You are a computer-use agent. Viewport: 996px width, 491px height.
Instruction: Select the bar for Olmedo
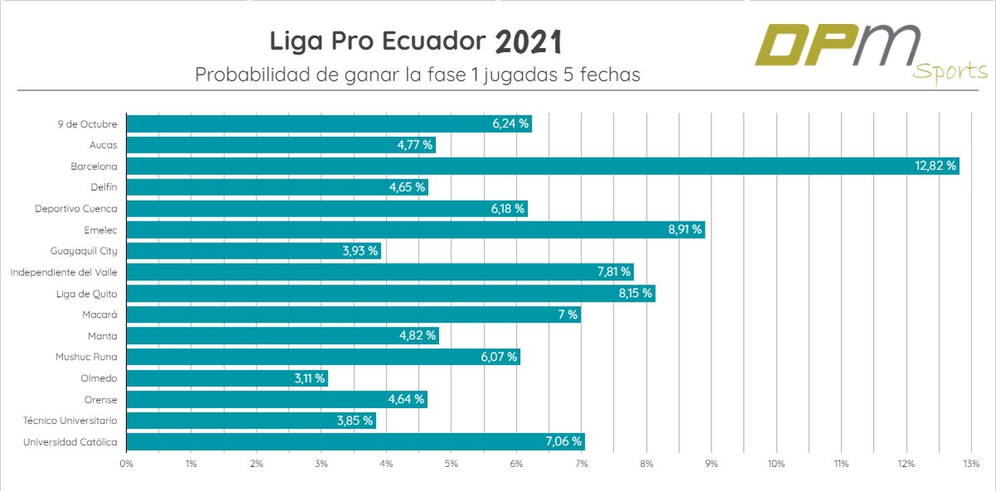[227, 378]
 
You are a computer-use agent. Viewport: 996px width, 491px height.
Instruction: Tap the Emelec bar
[415, 230]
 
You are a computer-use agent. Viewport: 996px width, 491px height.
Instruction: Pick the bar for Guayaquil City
[253, 251]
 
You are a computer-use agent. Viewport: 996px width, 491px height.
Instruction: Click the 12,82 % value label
[935, 166]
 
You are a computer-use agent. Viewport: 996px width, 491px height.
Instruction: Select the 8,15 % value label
[634, 294]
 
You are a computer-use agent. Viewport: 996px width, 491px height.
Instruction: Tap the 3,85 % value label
[355, 421]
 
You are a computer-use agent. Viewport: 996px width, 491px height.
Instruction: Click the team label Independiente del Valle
[63, 272]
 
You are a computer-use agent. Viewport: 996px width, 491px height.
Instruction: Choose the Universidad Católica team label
[71, 442]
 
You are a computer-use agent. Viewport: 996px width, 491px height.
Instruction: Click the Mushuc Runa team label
[86, 357]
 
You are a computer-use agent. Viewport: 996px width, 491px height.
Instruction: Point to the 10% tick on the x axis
[776, 463]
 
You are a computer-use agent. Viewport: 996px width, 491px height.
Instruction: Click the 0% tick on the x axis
[126, 463]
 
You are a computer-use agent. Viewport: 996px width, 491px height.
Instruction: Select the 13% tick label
[971, 463]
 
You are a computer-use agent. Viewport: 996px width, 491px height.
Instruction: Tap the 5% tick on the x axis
[452, 463]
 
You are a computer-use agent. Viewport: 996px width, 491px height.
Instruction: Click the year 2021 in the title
[530, 41]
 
